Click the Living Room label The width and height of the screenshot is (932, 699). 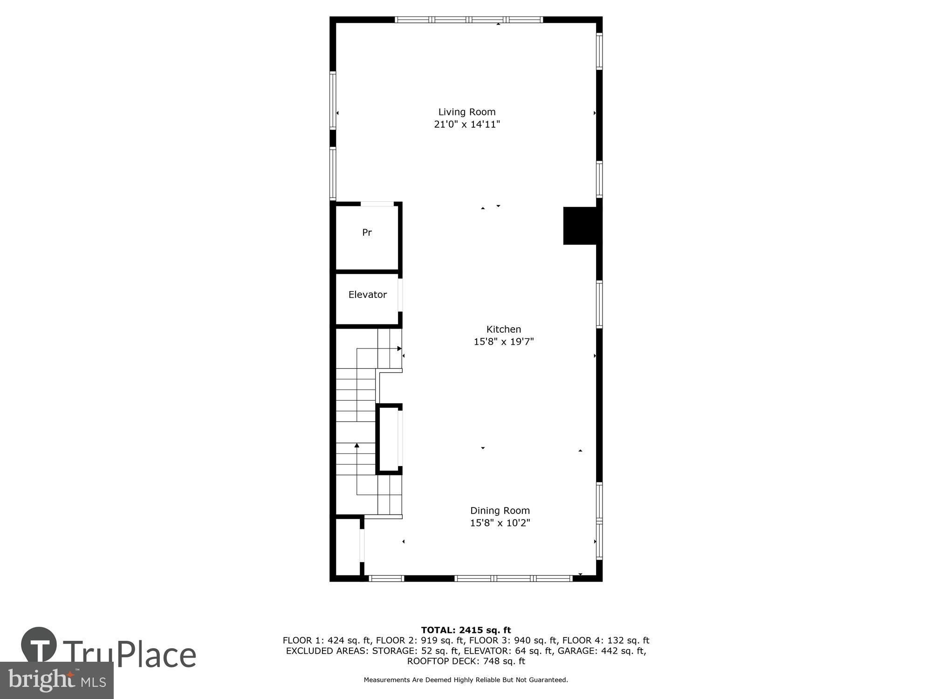pyautogui.click(x=466, y=112)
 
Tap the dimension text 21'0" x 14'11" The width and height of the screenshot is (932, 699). pyautogui.click(x=466, y=124)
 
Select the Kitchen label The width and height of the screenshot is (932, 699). pyautogui.click(x=503, y=329)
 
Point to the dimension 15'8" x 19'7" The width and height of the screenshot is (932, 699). pyautogui.click(x=503, y=342)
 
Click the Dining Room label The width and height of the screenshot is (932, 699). pyautogui.click(x=500, y=510)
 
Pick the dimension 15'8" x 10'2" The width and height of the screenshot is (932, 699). pyautogui.click(x=500, y=523)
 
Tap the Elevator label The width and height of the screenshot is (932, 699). pyautogui.click(x=367, y=295)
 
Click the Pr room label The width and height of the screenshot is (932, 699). pyautogui.click(x=367, y=232)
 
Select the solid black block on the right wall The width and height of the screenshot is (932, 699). pyautogui.click(x=580, y=226)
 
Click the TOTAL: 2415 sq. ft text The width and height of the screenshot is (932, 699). pyautogui.click(x=466, y=630)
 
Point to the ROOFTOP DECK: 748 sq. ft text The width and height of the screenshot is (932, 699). pyautogui.click(x=466, y=661)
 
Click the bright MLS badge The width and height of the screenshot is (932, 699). pyautogui.click(x=56, y=680)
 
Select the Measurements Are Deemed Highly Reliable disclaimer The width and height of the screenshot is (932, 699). pyautogui.click(x=466, y=680)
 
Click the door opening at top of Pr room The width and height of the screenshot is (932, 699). pyautogui.click(x=377, y=204)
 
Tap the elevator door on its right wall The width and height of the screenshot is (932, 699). pyautogui.click(x=400, y=295)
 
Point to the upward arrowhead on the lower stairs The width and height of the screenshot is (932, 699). pyautogui.click(x=357, y=445)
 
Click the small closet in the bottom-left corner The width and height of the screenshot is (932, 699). pyautogui.click(x=347, y=548)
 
